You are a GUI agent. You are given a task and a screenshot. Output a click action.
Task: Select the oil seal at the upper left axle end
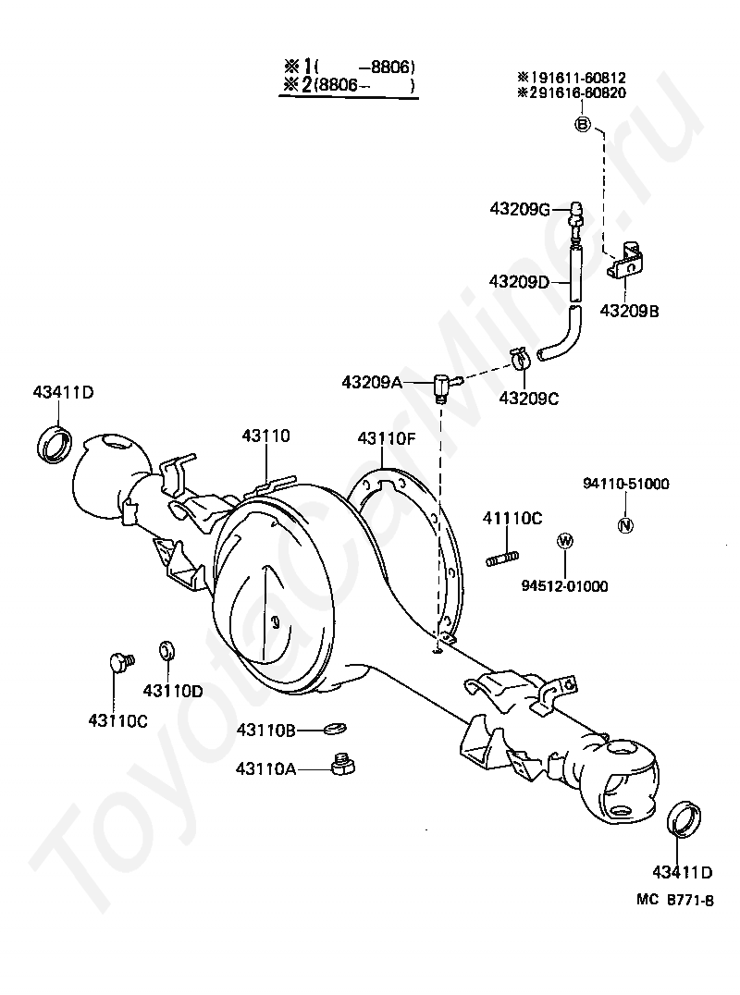[55, 445]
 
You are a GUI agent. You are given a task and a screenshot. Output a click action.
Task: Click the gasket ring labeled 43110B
[335, 729]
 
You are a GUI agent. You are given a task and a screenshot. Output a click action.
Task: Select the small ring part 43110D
[167, 650]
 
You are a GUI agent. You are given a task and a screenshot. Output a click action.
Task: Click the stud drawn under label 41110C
[502, 559]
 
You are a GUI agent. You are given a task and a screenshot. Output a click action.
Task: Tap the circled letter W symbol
[564, 541]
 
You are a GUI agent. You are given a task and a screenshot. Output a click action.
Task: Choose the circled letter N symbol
[626, 525]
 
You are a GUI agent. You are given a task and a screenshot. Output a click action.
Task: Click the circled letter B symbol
[583, 124]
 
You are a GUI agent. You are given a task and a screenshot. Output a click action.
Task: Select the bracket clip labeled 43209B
[626, 261]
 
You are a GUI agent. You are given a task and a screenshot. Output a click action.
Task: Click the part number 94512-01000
[565, 585]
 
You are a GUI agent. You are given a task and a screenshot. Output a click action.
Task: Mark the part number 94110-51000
[626, 484]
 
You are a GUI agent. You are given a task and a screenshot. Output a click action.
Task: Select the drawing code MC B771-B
[675, 900]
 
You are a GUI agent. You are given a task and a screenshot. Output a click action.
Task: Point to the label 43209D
[519, 281]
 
